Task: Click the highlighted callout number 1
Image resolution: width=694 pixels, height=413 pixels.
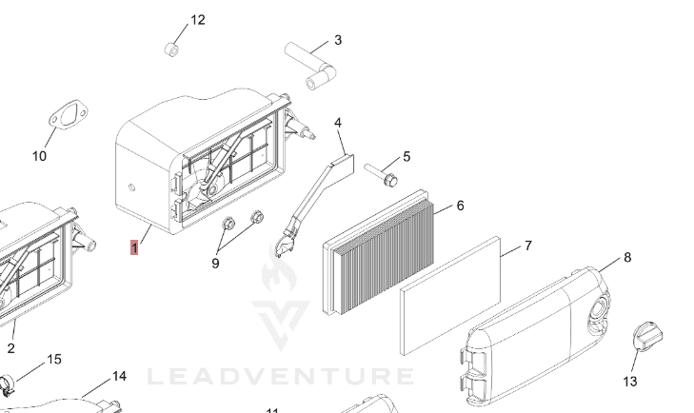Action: pos(135,250)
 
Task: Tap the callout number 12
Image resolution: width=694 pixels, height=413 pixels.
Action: pos(198,20)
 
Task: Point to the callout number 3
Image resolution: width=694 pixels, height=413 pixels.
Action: pos(337,40)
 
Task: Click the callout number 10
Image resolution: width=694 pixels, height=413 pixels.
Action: pos(39,156)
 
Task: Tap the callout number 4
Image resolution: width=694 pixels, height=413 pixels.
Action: pos(338,123)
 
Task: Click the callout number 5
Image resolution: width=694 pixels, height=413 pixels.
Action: pos(406,156)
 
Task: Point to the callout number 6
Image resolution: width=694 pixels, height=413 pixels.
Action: pos(461,206)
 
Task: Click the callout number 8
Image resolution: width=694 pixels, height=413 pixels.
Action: pos(626,258)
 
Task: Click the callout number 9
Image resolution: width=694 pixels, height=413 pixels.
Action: pos(215,263)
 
